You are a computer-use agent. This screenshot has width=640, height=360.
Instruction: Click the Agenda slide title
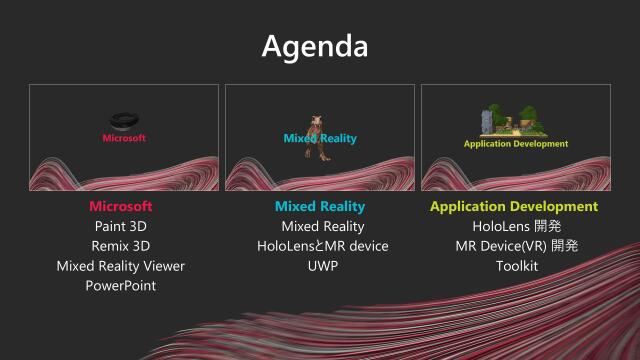click(x=319, y=45)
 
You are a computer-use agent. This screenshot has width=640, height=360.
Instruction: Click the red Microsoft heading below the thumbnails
click(x=121, y=207)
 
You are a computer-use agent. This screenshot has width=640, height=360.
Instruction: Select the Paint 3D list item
click(x=121, y=226)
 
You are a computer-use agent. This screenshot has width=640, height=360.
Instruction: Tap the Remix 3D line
click(x=121, y=246)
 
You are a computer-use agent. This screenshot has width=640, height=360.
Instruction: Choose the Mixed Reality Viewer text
click(x=121, y=266)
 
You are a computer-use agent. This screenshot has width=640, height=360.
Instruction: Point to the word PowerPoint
click(x=121, y=286)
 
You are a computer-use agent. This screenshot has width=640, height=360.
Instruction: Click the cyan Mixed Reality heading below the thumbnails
click(x=320, y=207)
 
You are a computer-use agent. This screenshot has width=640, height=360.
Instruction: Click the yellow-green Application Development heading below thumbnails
click(x=514, y=207)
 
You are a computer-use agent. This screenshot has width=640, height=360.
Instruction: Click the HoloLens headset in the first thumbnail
click(x=125, y=119)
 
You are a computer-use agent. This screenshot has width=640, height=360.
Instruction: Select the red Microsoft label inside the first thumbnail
click(x=124, y=138)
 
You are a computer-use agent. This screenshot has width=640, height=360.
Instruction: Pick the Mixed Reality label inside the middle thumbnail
click(x=320, y=138)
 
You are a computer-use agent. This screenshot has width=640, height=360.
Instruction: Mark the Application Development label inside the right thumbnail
click(x=515, y=144)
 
